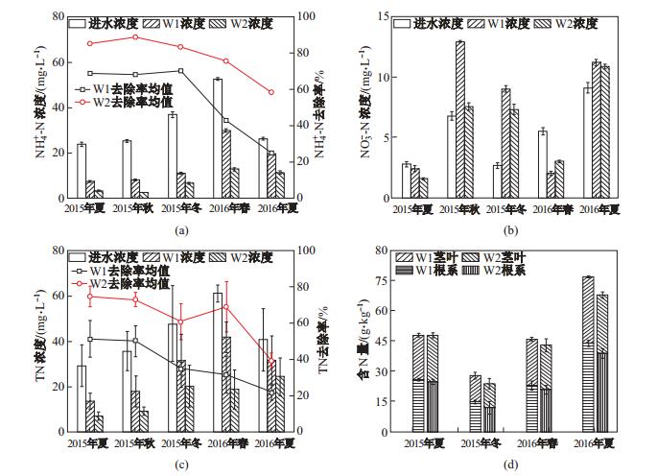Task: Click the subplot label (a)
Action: [x=181, y=230]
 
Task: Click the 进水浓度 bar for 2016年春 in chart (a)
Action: [x=218, y=137]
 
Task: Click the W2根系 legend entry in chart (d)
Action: [x=550, y=271]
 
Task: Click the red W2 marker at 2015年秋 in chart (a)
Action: [x=135, y=37]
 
